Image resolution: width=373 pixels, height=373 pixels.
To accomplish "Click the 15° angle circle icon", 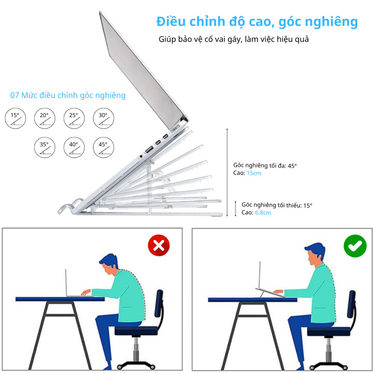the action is pos(15,118).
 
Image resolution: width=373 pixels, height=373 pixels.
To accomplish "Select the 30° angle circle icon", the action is pos(103,118).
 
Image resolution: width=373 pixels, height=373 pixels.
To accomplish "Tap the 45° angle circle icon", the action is pos(103,148).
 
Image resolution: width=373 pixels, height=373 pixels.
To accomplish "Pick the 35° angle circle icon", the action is pos(45,148).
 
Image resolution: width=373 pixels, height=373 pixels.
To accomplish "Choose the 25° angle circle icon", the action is pos(74,118).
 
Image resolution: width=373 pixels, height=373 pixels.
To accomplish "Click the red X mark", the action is pos(159,245).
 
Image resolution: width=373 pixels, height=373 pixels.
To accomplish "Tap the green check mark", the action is pos(355,246).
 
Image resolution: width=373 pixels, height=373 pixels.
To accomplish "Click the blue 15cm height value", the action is pos(254,173).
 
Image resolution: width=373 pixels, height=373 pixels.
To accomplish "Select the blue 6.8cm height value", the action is pos(263,213).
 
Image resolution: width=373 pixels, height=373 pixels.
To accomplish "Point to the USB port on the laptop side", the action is pos(149,150).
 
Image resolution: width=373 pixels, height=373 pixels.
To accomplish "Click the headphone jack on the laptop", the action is pos(141,156).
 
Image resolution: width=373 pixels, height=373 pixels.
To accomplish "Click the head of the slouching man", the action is pos(109,264).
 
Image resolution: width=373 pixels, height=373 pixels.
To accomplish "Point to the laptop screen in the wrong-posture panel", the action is pos(66,283).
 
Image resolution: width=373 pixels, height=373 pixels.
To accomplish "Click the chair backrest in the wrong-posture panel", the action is pos(159,303).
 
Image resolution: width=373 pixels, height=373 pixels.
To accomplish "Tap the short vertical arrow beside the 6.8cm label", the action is pos(236,209).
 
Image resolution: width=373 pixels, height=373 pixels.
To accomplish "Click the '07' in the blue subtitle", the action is pos(15,95).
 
